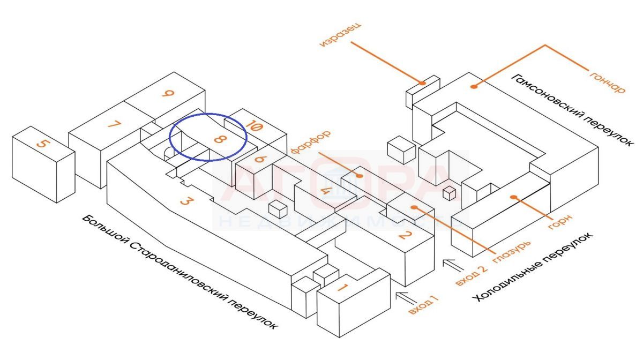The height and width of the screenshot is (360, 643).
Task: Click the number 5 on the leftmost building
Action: [x=43, y=144]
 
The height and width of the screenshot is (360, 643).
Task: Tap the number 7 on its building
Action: [x=114, y=125]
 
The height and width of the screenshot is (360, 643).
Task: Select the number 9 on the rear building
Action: [x=168, y=93]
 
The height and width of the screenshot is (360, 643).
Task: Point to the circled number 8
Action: [x=220, y=139]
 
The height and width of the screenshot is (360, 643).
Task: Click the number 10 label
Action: [x=254, y=126]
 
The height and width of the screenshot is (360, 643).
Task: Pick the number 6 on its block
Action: [x=261, y=159]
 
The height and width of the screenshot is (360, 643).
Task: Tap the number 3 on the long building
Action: [x=185, y=201]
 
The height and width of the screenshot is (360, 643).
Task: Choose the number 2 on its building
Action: [x=406, y=235]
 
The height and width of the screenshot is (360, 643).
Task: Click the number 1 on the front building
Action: [x=342, y=287]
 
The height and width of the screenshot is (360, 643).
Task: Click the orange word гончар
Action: [x=608, y=82]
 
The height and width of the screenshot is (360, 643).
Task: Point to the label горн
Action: [x=560, y=222]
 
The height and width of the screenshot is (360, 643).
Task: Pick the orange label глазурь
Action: [x=512, y=252]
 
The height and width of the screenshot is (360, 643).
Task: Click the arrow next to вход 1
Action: [x=406, y=298]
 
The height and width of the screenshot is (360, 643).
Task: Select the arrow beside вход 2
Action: [x=453, y=265]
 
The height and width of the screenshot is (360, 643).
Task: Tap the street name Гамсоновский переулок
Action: [x=571, y=110]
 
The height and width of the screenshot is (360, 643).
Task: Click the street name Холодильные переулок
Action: [x=533, y=267]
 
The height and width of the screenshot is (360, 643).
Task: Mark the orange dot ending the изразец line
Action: [x=422, y=83]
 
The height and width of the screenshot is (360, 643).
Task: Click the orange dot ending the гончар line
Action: [x=474, y=86]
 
